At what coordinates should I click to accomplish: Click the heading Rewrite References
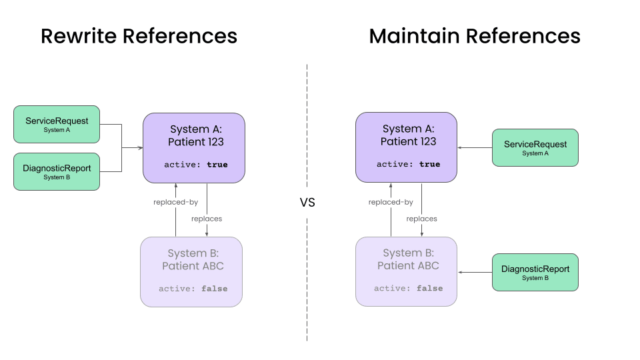pyautogui.click(x=139, y=36)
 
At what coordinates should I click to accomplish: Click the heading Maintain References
pyautogui.click(x=474, y=36)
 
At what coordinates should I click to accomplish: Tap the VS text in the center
pyautogui.click(x=307, y=203)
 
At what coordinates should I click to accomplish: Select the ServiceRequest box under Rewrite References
pyautogui.click(x=57, y=124)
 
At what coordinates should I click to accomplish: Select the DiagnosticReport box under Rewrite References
pyautogui.click(x=57, y=171)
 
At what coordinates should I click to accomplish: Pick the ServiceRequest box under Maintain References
pyautogui.click(x=535, y=147)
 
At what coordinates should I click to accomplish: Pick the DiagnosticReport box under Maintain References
pyautogui.click(x=535, y=272)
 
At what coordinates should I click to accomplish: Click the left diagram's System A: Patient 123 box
pyautogui.click(x=194, y=147)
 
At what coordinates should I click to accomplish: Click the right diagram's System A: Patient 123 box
pyautogui.click(x=406, y=147)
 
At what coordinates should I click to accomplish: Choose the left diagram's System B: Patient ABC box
pyautogui.click(x=191, y=271)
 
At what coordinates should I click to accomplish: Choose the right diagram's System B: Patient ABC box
pyautogui.click(x=406, y=271)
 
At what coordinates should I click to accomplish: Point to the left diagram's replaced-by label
pyautogui.click(x=175, y=202)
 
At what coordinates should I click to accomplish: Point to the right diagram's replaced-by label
pyautogui.click(x=391, y=202)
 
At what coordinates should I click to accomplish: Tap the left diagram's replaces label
pyautogui.click(x=207, y=219)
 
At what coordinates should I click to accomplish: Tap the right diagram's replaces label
pyautogui.click(x=421, y=219)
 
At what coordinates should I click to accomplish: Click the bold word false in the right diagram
pyautogui.click(x=429, y=289)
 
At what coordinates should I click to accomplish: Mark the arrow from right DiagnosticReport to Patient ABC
pyautogui.click(x=475, y=272)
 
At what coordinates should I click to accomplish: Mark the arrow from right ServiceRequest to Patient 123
pyautogui.click(x=475, y=147)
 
